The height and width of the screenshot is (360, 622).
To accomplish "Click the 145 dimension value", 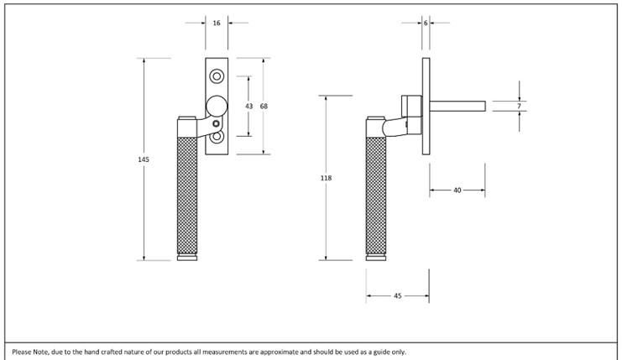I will click(144, 159).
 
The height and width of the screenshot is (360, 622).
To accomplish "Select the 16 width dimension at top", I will click(217, 23).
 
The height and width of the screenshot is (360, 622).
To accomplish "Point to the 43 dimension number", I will click(248, 107).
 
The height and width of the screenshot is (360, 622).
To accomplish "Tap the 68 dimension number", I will click(264, 107).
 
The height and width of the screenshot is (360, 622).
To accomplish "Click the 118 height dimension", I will click(326, 178).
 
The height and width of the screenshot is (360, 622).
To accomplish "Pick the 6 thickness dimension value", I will click(426, 23).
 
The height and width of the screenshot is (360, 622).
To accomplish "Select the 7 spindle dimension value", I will click(520, 107).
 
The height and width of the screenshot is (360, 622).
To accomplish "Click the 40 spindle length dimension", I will click(457, 190).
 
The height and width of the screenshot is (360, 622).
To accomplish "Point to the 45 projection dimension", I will click(397, 295).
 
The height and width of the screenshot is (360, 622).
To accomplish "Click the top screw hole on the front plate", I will click(217, 77).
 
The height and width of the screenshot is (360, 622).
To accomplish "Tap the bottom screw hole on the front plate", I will click(217, 136).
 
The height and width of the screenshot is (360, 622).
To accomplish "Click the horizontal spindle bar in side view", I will click(457, 106).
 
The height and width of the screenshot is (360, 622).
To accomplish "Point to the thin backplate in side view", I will click(426, 106).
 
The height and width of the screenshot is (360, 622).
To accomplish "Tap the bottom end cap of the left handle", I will click(188, 258).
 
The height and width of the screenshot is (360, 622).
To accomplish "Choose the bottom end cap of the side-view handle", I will click(376, 258).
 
